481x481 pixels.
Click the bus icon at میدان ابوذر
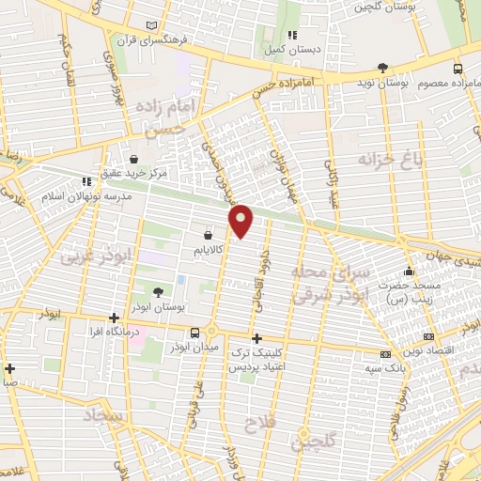pyautogui.click(x=194, y=333)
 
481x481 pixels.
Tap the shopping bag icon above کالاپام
pyautogui.click(x=209, y=235)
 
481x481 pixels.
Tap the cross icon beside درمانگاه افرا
pyautogui.click(x=114, y=318)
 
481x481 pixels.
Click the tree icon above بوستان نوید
pyautogui.click(x=381, y=67)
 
